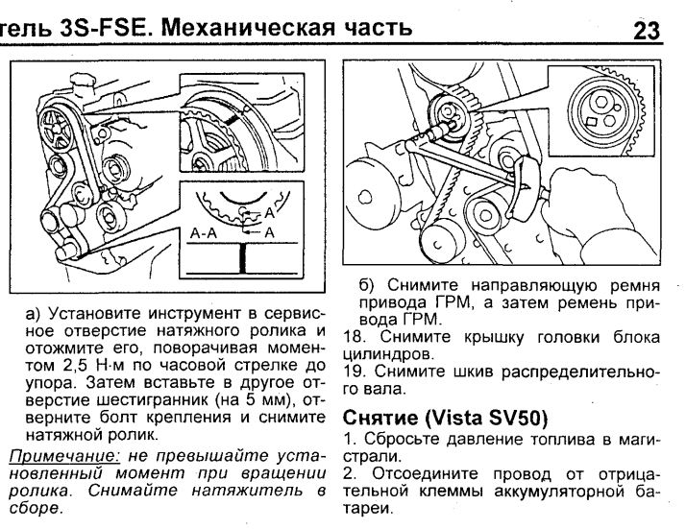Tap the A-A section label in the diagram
208,231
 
